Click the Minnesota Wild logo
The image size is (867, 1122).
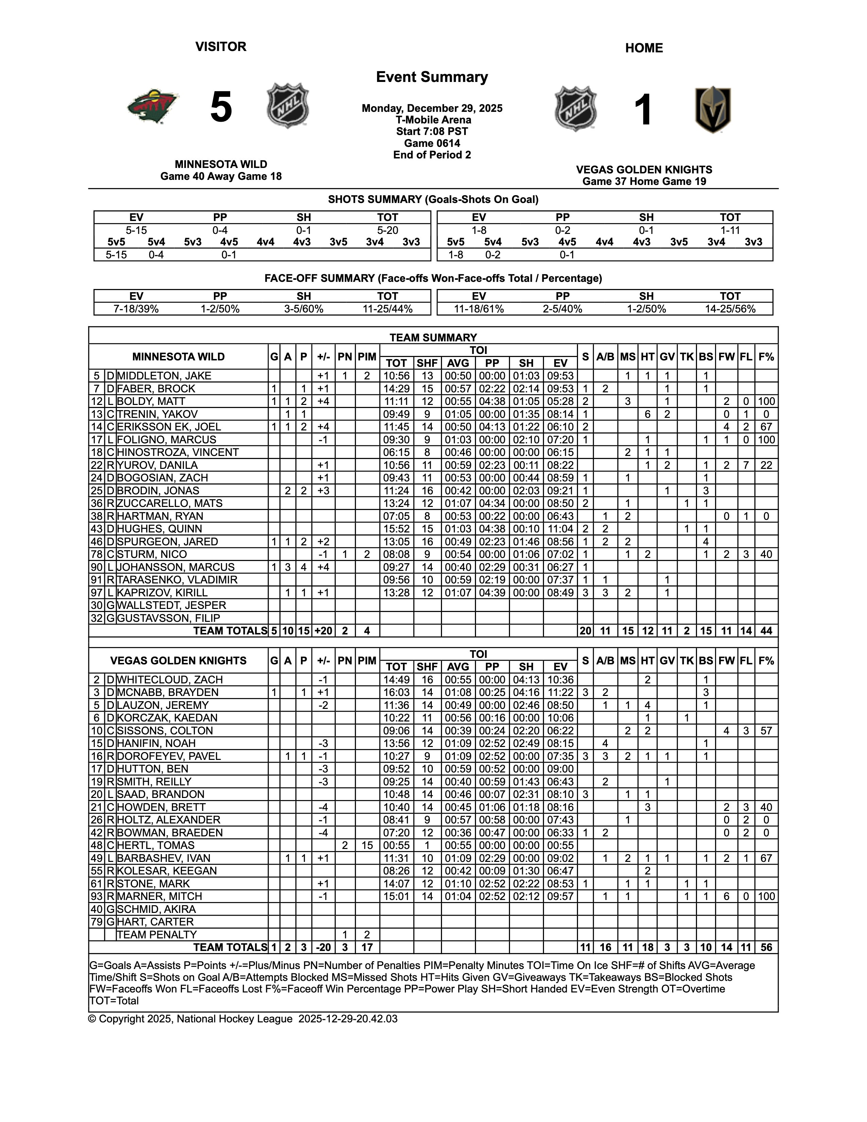153,106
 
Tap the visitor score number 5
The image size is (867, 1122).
221,107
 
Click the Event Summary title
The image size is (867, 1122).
432,77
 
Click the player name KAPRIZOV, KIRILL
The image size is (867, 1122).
162,592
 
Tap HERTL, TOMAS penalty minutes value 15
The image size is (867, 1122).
367,845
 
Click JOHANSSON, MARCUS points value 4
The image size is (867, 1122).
304,567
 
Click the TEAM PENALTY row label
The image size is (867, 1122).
157,934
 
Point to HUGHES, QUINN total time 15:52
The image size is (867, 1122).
396,529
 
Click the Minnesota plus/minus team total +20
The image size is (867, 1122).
323,631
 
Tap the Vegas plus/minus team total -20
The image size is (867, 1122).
323,947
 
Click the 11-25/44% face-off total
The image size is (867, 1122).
388,309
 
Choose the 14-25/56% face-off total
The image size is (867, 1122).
730,309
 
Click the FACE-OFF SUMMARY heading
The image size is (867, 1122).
433,278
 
